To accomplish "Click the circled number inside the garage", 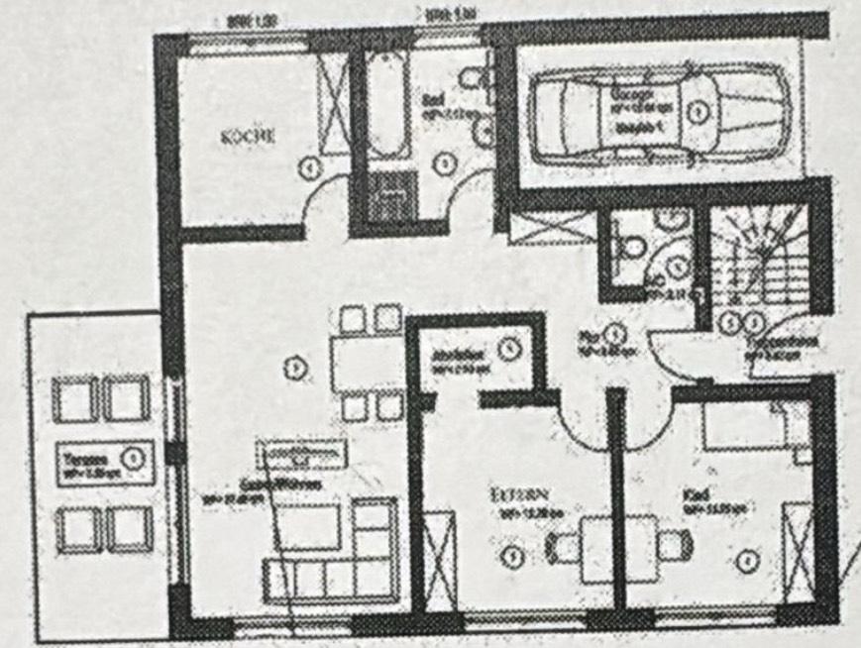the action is coord(699,112).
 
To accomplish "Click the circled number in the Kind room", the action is coord(746,562).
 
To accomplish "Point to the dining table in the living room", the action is coord(359,363).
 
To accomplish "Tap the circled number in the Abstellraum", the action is coord(507,349).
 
